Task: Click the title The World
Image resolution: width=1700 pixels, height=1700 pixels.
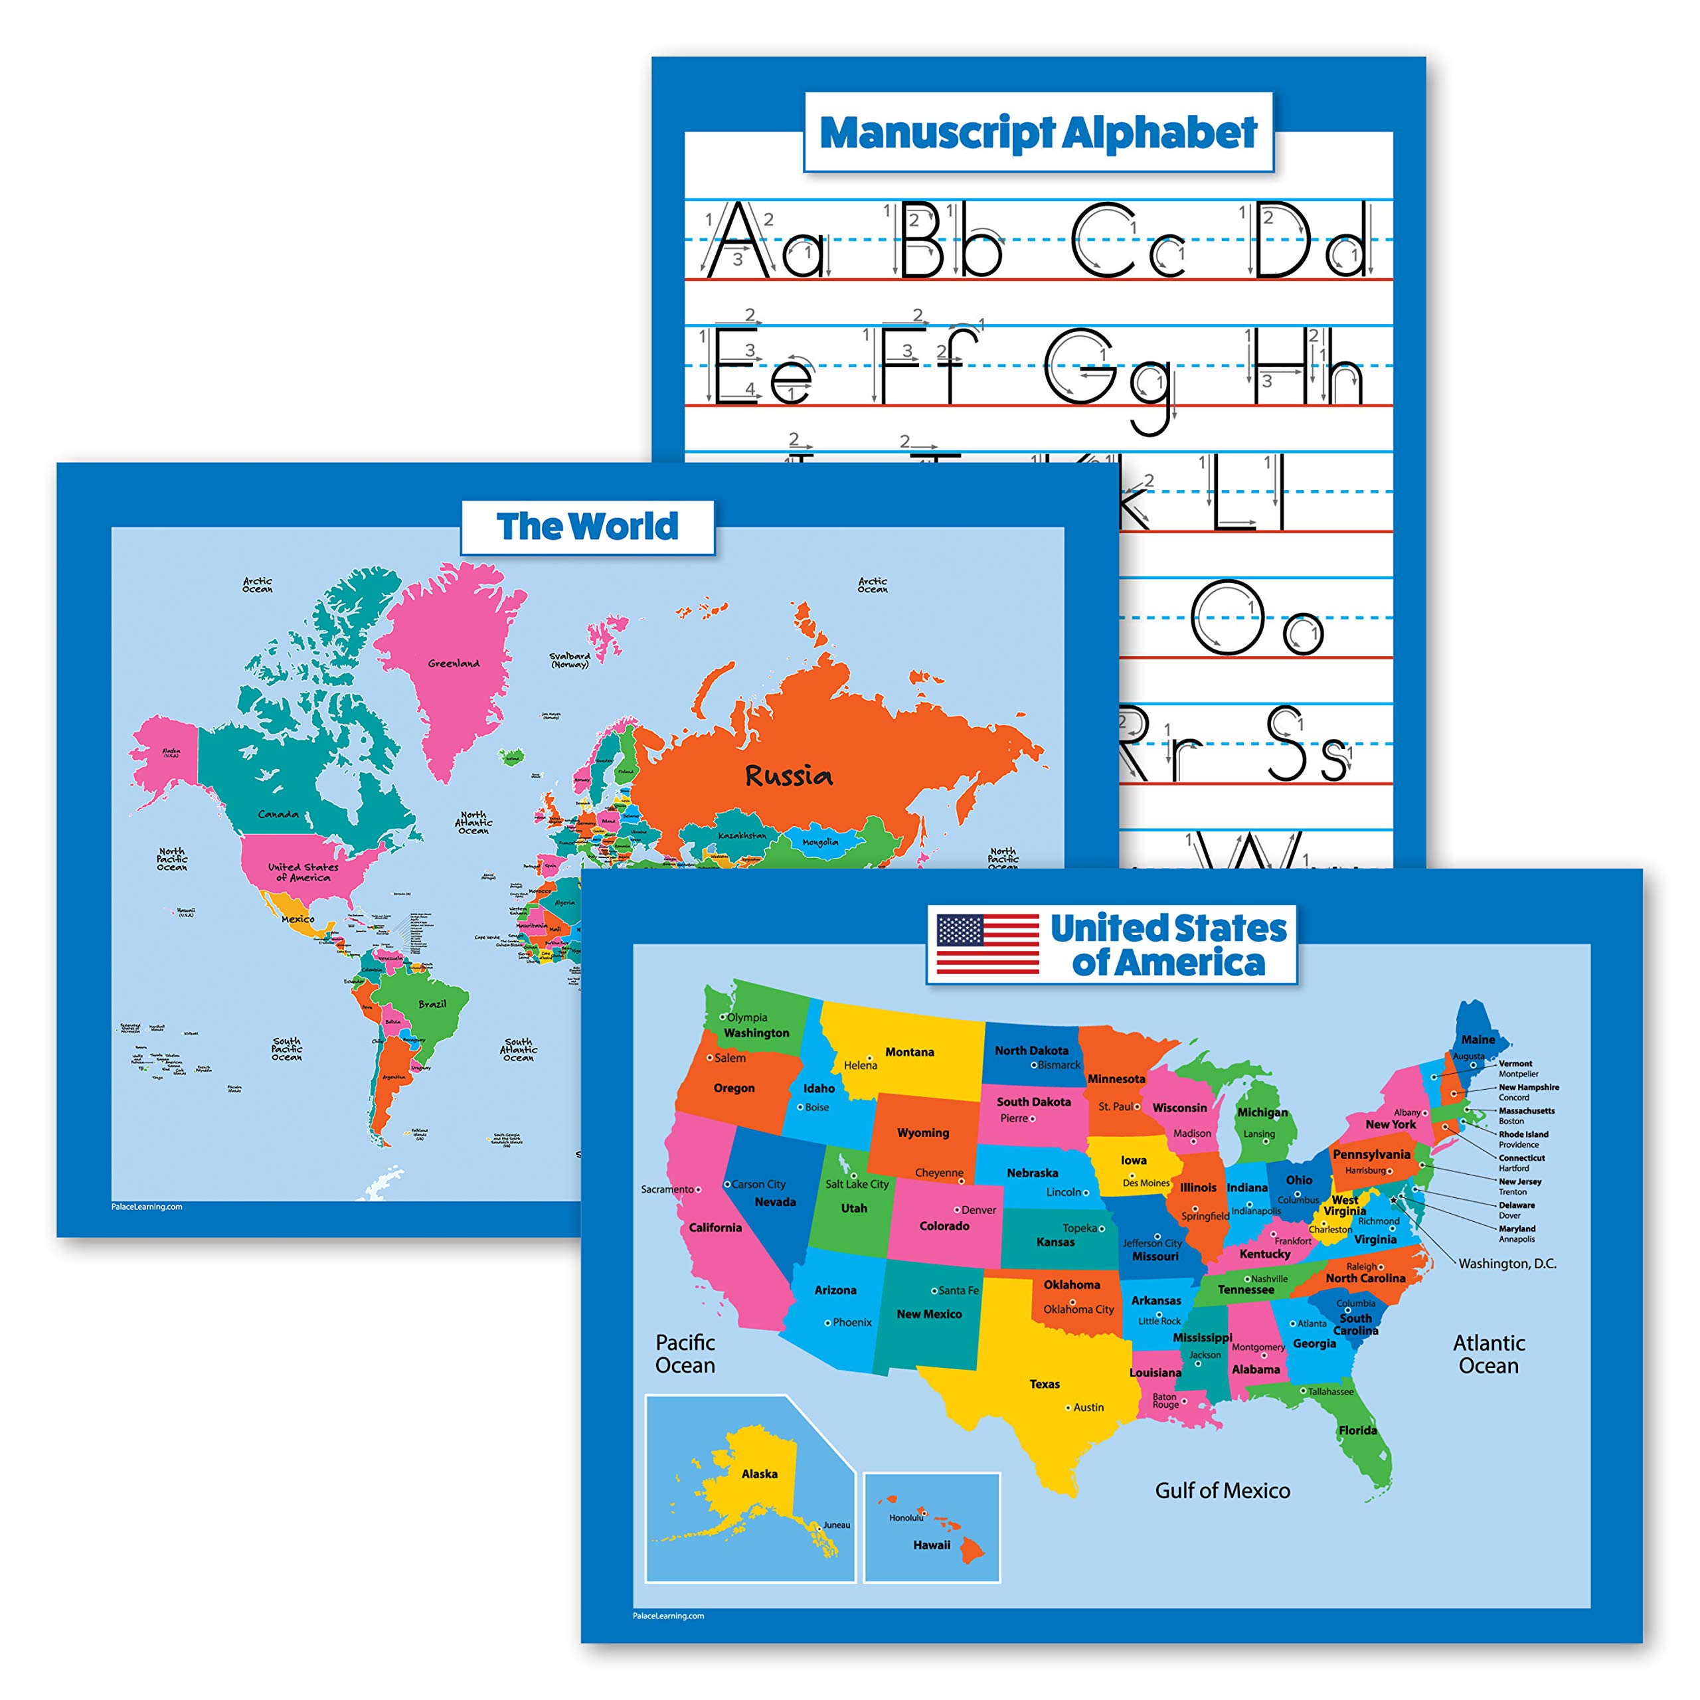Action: click(x=587, y=526)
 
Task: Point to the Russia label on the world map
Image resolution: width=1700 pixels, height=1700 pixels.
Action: click(x=788, y=775)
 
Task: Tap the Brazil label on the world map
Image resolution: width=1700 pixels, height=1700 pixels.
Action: click(x=432, y=1004)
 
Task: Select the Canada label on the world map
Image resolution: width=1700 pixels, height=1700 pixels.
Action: click(x=278, y=814)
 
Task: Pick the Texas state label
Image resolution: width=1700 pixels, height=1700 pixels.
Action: click(x=1045, y=1384)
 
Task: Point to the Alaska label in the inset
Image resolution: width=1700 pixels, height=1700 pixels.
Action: click(x=760, y=1474)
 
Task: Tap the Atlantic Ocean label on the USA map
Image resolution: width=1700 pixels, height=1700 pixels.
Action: click(x=1488, y=1354)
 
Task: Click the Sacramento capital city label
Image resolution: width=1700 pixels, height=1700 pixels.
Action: click(x=667, y=1189)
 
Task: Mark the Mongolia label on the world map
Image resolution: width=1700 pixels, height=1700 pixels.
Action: click(x=820, y=842)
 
